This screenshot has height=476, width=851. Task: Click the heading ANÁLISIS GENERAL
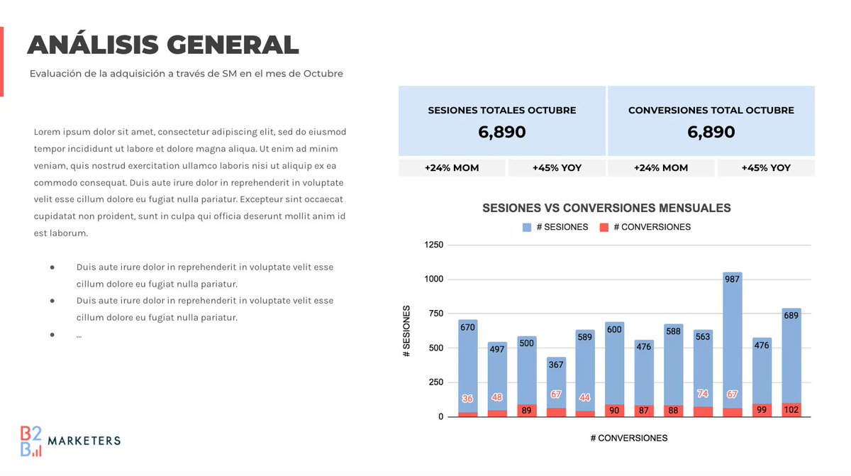(162, 45)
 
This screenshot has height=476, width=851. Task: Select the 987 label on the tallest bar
(733, 279)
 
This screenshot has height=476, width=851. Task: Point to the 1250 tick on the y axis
(433, 245)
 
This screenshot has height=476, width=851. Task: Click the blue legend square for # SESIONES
(526, 227)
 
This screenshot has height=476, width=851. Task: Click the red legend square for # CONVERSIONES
(604, 227)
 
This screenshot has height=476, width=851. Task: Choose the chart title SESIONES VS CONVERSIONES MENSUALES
(606, 209)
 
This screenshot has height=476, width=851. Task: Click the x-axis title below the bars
(629, 438)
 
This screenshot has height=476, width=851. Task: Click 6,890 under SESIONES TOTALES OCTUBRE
(501, 132)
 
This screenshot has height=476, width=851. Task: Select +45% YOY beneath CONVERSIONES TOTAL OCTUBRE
(766, 168)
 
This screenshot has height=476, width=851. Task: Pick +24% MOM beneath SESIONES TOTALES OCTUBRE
(452, 168)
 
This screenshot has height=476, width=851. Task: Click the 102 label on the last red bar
(791, 409)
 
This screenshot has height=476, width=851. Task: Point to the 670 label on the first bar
(467, 328)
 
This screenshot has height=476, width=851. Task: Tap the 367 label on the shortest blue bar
(556, 365)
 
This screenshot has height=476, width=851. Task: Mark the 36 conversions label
(467, 399)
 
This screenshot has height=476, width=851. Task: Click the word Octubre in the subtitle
(323, 73)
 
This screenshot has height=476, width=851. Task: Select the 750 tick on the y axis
(436, 314)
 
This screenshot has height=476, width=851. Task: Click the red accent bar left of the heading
(1, 62)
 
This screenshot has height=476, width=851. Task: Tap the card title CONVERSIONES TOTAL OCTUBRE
(711, 111)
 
